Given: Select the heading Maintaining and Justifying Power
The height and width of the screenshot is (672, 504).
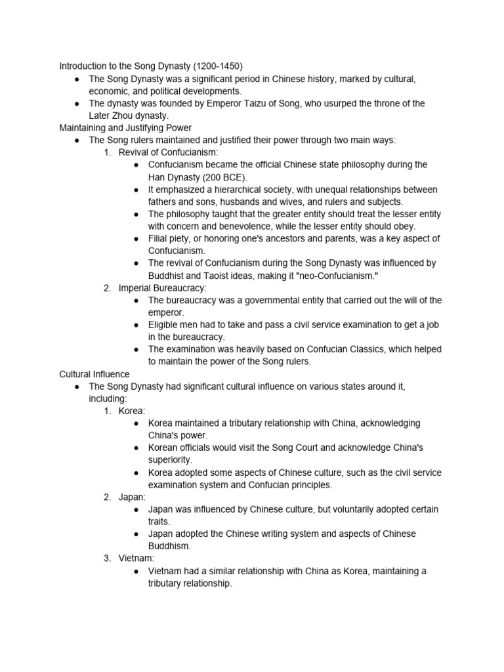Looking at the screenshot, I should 125,127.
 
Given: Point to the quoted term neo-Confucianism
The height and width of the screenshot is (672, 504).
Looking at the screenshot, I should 331,276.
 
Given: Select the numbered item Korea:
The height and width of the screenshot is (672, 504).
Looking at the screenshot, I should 132,411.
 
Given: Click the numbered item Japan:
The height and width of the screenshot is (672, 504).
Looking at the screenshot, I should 133,497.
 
